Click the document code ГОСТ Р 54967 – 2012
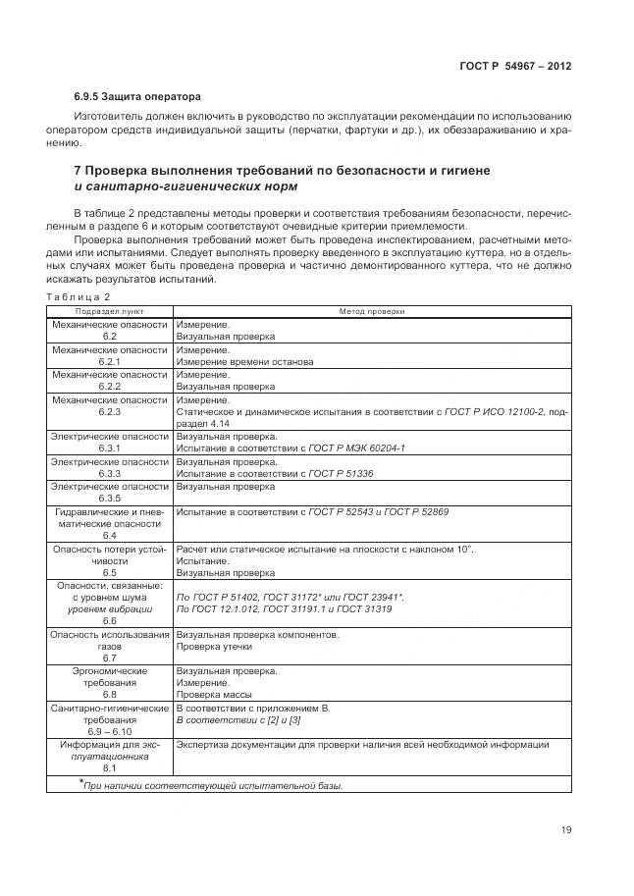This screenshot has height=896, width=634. tap(515, 66)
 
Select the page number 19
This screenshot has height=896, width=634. tap(566, 829)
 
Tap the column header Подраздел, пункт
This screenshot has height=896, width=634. tap(109, 311)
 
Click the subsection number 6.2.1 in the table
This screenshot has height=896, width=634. tap(109, 361)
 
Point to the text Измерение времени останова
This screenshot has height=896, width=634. tap(244, 361)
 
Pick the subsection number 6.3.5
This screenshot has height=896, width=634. tap(109, 498)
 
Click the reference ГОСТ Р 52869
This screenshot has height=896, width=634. tap(418, 511)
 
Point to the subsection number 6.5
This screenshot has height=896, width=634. tap(109, 572)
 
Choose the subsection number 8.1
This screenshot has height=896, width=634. tap(109, 768)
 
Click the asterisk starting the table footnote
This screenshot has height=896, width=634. tap(81, 782)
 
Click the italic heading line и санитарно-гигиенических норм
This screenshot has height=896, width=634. tap(186, 185)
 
